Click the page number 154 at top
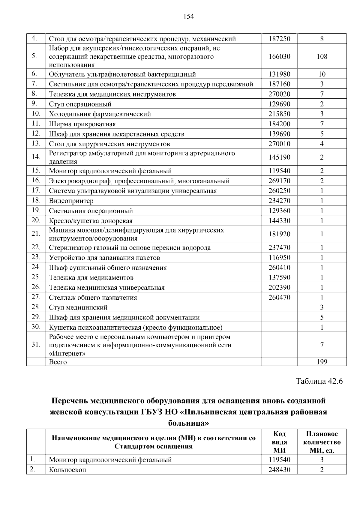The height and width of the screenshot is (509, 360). (188, 16)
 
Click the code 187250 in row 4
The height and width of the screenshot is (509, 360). (279, 39)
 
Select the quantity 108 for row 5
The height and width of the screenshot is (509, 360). (322, 56)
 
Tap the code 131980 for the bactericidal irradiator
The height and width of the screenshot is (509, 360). (279, 74)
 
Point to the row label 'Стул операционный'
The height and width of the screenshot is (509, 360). (80, 104)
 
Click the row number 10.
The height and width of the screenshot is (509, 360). (36, 114)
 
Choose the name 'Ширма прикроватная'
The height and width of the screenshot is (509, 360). (82, 124)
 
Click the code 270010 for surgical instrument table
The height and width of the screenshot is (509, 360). (279, 144)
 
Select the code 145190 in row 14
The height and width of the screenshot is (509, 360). (279, 157)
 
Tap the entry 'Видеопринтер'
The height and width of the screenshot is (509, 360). (71, 201)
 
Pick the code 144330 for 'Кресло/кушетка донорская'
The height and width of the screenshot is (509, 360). (279, 221)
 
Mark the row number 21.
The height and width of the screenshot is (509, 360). (36, 234)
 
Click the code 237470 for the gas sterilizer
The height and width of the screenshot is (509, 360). (279, 248)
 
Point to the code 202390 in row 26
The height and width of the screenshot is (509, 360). (279, 287)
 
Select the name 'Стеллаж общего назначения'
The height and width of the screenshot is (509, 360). (93, 298)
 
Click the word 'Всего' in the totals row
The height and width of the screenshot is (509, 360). (58, 362)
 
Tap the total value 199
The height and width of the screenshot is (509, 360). (322, 362)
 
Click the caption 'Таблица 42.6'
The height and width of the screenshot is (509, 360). (319, 381)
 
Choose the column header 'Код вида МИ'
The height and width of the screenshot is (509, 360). (279, 442)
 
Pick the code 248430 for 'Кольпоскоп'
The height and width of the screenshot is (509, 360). (279, 470)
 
